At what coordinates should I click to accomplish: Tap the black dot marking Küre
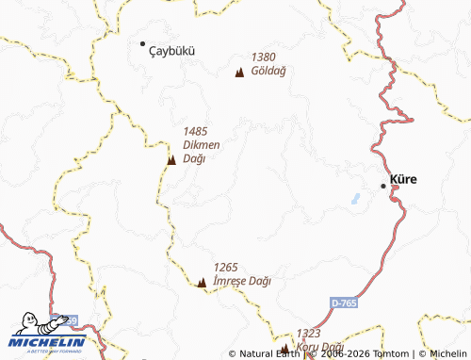(383, 187)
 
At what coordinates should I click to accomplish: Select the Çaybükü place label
(172, 51)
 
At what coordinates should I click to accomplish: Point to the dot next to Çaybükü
(143, 43)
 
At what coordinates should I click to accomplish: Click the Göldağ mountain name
(268, 71)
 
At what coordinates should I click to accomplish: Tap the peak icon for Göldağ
(239, 72)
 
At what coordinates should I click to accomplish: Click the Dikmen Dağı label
(201, 151)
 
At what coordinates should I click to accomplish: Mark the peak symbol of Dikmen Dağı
(171, 161)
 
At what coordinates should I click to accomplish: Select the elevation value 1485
(195, 132)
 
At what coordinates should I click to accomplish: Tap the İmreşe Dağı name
(242, 281)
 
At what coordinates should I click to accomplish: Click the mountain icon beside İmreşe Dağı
(202, 282)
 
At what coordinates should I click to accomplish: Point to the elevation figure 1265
(227, 268)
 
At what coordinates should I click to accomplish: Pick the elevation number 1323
(309, 334)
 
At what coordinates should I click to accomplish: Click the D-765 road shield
(345, 303)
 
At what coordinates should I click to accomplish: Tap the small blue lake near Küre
(355, 199)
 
